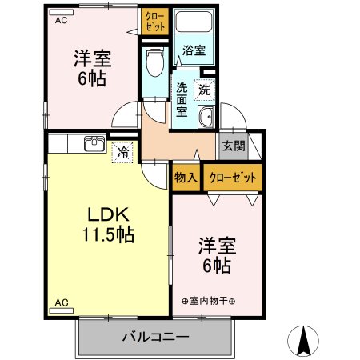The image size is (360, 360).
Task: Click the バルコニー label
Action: point(156,336)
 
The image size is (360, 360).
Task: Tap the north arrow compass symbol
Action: point(306,341)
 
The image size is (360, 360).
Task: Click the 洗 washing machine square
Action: point(204,90)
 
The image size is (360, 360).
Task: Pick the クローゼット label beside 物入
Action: point(232,178)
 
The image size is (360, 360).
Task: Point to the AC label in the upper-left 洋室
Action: point(60,20)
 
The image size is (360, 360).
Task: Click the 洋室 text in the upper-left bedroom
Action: point(92,58)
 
